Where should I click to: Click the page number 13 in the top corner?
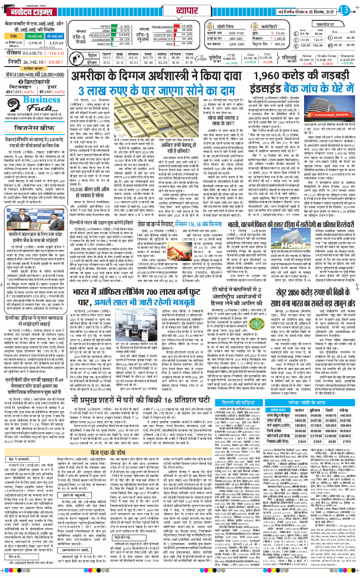[344, 9]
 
